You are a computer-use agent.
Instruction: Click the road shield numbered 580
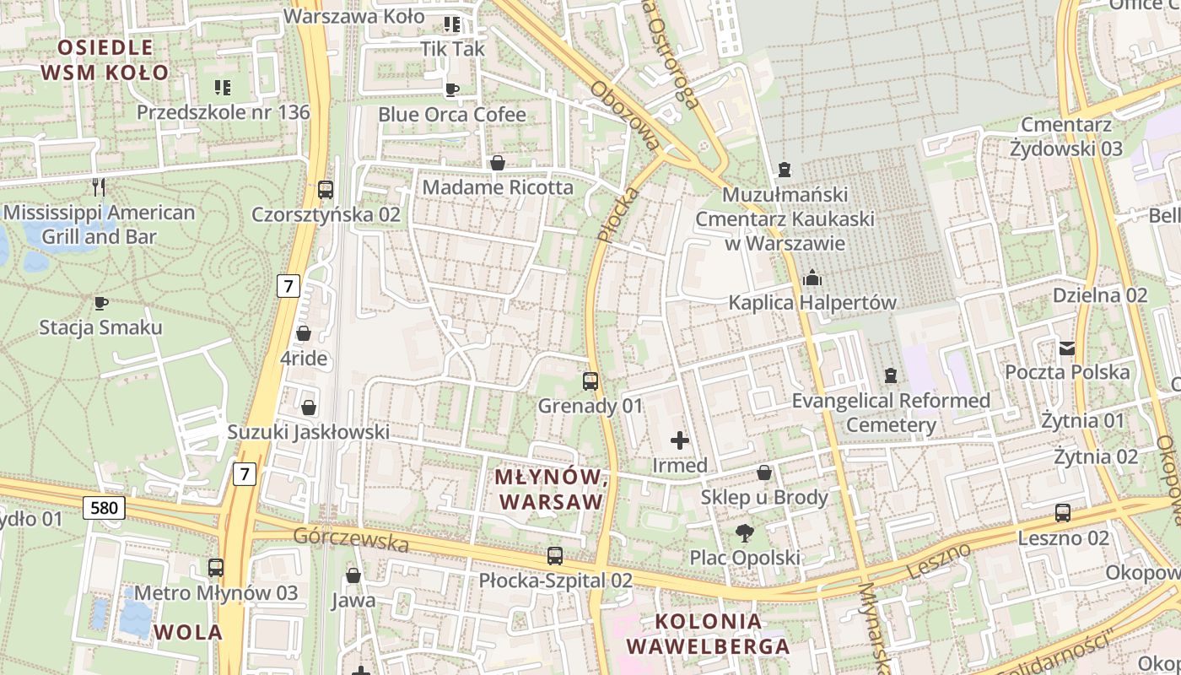point(105,507)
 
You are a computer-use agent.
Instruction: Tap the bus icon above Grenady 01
point(590,381)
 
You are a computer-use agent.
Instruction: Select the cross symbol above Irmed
point(680,440)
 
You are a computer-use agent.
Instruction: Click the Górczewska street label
point(350,539)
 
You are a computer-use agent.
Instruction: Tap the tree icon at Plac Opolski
point(744,532)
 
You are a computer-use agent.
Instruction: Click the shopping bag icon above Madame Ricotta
point(498,162)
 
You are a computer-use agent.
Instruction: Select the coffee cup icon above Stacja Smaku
point(101,302)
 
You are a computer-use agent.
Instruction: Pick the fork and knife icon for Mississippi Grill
point(99,186)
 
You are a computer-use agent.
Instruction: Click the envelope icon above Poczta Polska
point(1067,347)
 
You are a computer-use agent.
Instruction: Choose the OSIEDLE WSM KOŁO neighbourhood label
point(105,59)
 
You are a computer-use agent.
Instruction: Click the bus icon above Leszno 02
point(1063,512)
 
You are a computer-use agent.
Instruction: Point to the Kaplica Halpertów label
point(812,302)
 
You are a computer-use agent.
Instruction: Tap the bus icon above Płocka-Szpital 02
point(554,556)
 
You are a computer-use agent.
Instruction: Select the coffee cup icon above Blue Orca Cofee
point(452,89)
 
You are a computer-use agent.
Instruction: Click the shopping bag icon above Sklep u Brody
point(764,472)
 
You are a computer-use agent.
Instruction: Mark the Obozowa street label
point(625,116)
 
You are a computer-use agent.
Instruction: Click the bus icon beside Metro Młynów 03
point(216,568)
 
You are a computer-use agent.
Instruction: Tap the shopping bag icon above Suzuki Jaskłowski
point(309,408)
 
